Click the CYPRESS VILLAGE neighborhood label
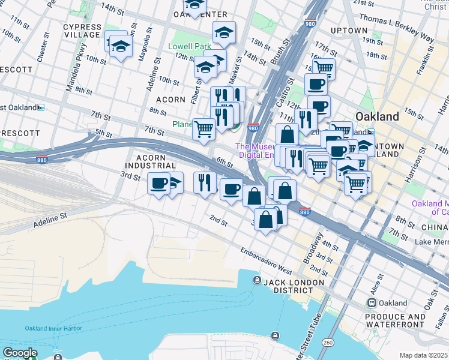click(x=82, y=31)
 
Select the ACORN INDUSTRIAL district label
click(x=150, y=161)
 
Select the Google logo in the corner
click(x=20, y=353)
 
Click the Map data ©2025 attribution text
click(x=423, y=355)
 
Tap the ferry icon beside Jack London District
click(x=257, y=281)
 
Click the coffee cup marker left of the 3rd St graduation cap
click(x=159, y=184)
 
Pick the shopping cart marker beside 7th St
click(x=204, y=128)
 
